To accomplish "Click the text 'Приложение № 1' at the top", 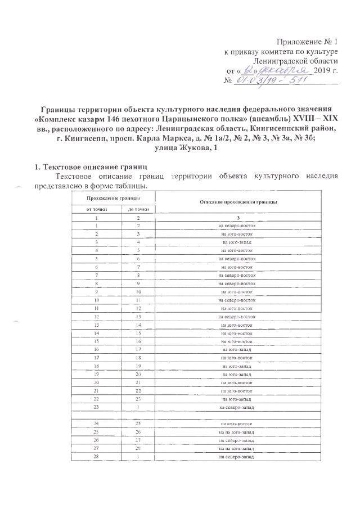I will click(x=308, y=42).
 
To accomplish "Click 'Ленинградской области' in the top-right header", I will click(x=295, y=60).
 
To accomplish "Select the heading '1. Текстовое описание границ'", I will click(x=88, y=167).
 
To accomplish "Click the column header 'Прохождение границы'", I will click(x=113, y=198).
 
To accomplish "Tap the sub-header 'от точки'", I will click(x=97, y=210).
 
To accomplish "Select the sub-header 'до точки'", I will click(x=133, y=210).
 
